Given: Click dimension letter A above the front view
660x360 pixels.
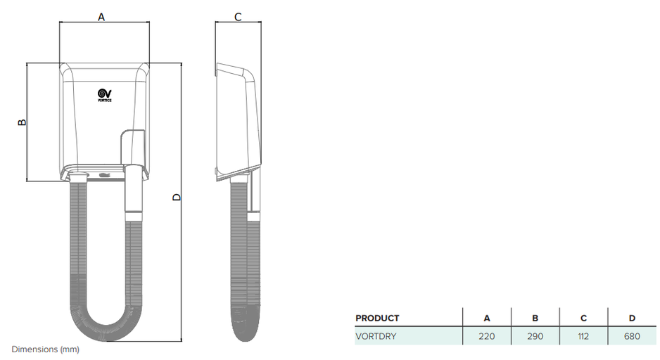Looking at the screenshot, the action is point(101,17).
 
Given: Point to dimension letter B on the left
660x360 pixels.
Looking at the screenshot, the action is point(22,122).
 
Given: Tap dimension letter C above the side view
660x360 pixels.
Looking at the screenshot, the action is point(238,17).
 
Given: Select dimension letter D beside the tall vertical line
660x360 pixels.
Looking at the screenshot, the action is point(177,197).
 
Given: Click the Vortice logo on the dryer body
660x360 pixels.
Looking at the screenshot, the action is point(104,95).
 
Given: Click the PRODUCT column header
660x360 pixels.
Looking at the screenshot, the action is point(377,319).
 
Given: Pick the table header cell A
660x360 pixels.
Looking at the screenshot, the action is point(487,319).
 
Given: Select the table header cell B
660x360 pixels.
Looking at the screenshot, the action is point(535,319).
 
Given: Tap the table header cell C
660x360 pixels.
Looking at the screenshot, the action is point(583,319).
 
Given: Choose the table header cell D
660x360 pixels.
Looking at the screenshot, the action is point(632,319).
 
